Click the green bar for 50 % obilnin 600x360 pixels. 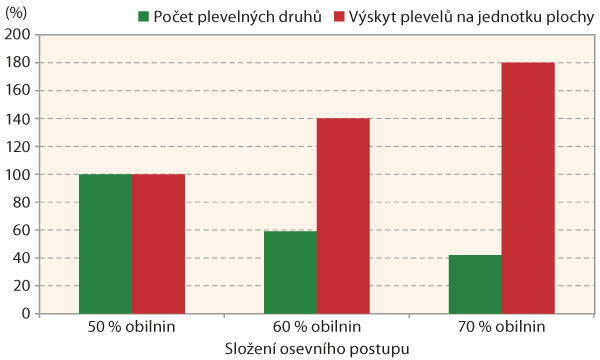click(x=105, y=244)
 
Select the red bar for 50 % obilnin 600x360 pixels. click(x=158, y=244)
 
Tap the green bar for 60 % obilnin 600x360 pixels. click(x=290, y=272)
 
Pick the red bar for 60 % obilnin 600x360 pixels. click(x=343, y=216)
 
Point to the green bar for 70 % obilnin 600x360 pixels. click(x=475, y=284)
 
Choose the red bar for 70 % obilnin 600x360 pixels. click(x=528, y=188)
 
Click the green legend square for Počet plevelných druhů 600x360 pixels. click(x=144, y=17)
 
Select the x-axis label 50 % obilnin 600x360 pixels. click(x=132, y=327)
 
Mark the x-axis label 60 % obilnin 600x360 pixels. click(x=317, y=327)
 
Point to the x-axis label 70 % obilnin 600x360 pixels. click(x=502, y=327)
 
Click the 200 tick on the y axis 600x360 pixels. click(x=20, y=34)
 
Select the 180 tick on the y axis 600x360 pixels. click(x=20, y=62)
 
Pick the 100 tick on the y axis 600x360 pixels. click(x=20, y=174)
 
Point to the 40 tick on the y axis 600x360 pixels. click(x=23, y=258)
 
